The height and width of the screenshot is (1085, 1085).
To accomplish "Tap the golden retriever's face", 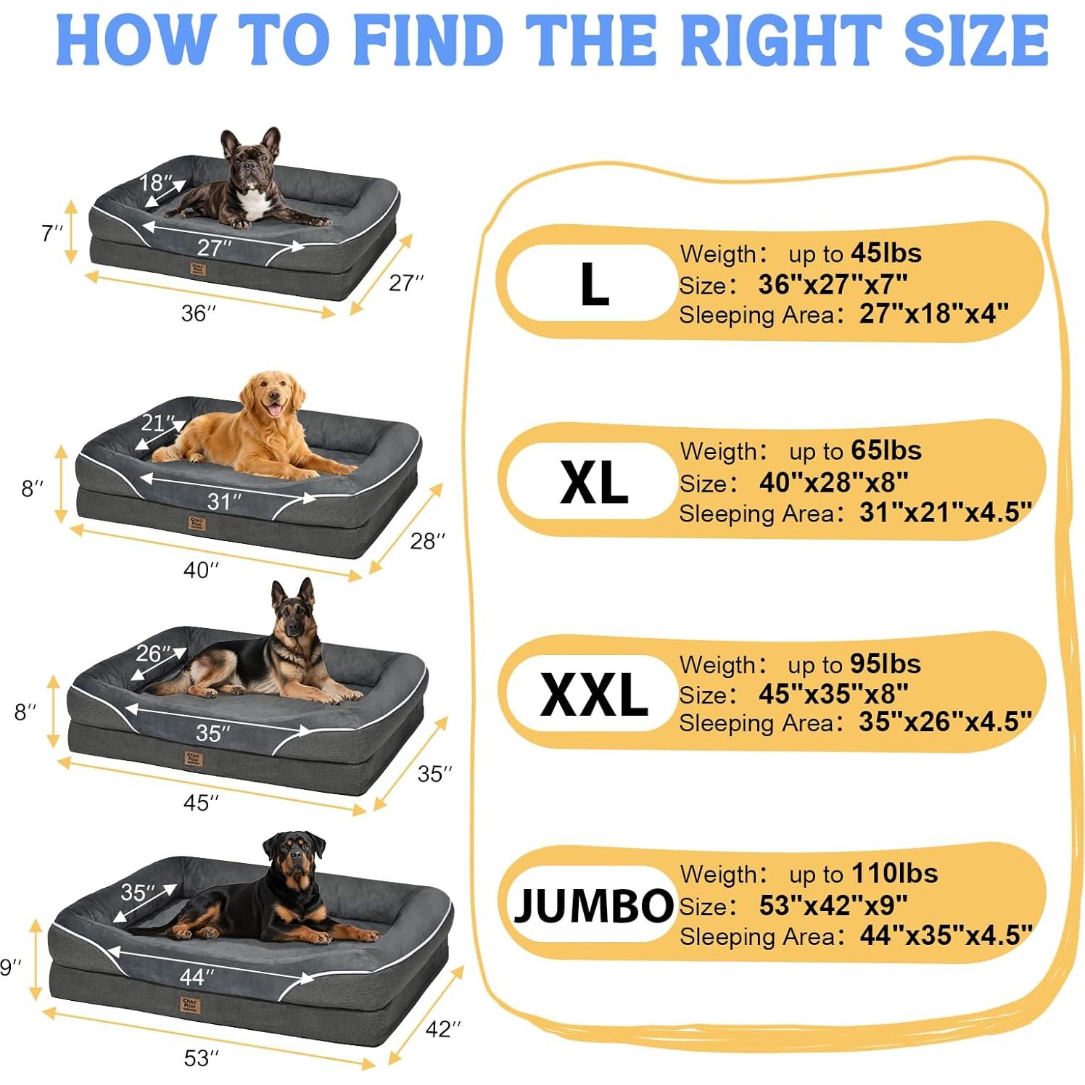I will tap(273, 396).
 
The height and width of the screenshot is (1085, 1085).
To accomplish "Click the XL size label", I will tap(593, 483).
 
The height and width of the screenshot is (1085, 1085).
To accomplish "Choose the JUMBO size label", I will tap(593, 905).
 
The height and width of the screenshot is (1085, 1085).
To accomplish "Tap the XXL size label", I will tap(593, 694).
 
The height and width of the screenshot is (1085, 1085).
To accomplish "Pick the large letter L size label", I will tap(594, 284).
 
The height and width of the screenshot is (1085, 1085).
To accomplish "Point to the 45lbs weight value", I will tap(886, 253).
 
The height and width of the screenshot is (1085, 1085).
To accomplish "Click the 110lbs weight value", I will tap(894, 873).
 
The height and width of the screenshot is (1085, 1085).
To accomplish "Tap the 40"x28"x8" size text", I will tap(833, 482).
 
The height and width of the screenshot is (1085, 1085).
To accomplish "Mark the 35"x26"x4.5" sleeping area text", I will tap(944, 722).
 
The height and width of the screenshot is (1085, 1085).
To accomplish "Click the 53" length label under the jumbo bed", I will tap(201, 1058).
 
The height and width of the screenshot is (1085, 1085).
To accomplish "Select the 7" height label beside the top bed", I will tap(51, 234).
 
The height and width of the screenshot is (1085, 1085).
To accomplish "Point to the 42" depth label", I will tap(442, 1028).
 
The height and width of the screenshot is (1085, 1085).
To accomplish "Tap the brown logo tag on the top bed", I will tap(198, 270).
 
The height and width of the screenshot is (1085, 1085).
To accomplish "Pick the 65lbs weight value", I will tap(886, 450).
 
